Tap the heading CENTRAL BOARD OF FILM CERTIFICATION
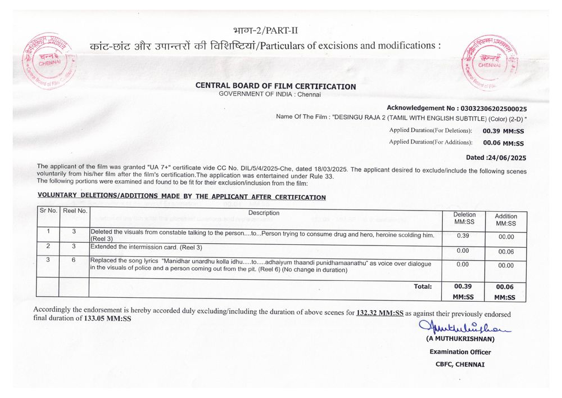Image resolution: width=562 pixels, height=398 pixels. (x=275, y=86)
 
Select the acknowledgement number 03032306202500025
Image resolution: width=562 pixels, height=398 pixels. (x=493, y=108)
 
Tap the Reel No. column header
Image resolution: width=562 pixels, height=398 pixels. (x=74, y=211)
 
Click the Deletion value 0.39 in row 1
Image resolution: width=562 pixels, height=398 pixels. (x=463, y=235)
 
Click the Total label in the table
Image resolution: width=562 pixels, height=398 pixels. (x=423, y=287)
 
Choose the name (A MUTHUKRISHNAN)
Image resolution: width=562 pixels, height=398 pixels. (x=460, y=339)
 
